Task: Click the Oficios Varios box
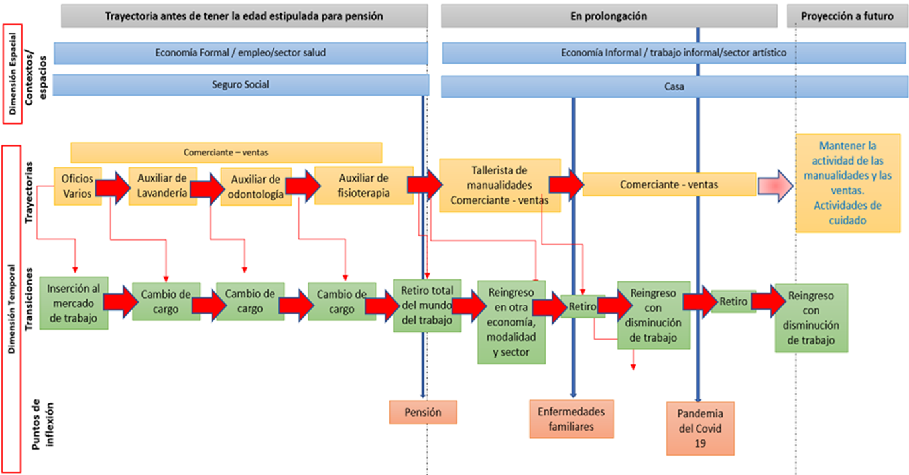click(x=78, y=186)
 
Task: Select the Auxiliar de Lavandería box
click(x=162, y=186)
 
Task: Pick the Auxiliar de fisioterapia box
click(x=363, y=186)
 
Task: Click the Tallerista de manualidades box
click(x=499, y=185)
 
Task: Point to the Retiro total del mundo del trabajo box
click(x=426, y=305)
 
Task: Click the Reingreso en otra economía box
click(x=511, y=322)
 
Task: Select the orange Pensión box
click(x=423, y=412)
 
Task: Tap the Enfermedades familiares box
click(x=572, y=419)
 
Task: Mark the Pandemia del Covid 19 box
click(x=701, y=428)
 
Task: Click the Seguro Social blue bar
click(x=240, y=85)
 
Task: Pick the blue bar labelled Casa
click(x=674, y=86)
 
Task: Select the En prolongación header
click(x=608, y=17)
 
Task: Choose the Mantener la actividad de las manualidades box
click(x=848, y=183)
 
